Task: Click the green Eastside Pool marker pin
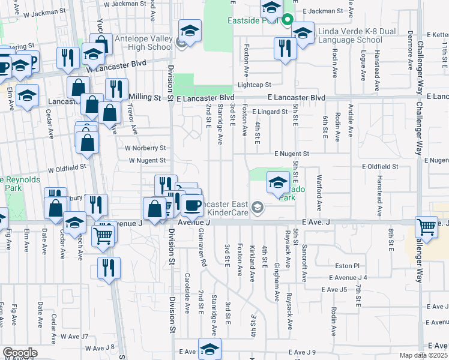click(x=287, y=19)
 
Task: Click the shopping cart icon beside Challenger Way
click(x=426, y=227)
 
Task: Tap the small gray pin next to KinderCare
click(x=258, y=207)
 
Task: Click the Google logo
click(x=20, y=353)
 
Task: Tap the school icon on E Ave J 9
click(x=209, y=349)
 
